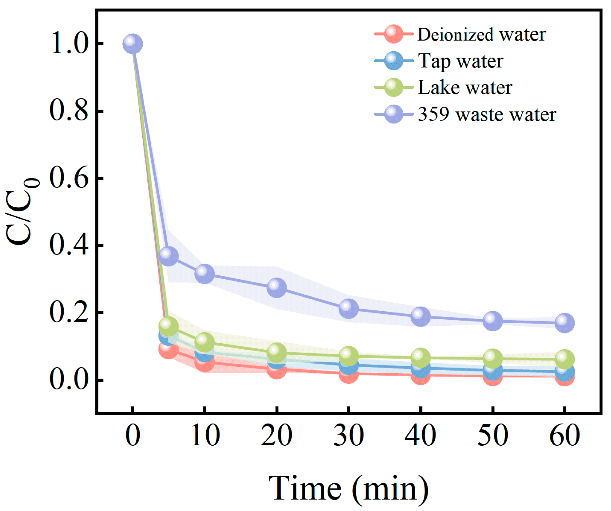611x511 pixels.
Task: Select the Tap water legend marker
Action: tap(393, 61)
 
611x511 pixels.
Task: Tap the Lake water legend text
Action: tap(465, 87)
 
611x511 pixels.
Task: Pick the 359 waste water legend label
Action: tap(487, 114)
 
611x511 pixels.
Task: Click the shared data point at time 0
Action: tap(133, 44)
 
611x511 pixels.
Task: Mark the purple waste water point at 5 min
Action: tap(169, 256)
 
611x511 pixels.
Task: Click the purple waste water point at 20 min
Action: tap(276, 287)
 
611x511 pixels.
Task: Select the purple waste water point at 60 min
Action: tap(565, 323)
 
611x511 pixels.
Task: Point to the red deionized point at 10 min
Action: tap(204, 363)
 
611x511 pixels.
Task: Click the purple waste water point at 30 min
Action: tap(348, 308)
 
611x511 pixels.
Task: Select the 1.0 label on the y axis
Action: tap(69, 44)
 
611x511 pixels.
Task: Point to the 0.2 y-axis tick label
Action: tap(69, 313)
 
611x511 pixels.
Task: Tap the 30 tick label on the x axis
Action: tap(348, 435)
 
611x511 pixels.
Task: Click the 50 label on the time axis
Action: tap(493, 435)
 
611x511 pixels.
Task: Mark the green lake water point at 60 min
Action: tap(565, 359)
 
